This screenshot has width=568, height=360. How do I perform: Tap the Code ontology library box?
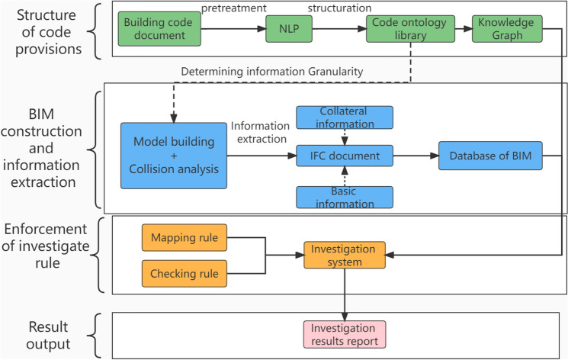coord(397,29)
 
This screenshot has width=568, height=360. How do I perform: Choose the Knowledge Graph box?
coord(506,29)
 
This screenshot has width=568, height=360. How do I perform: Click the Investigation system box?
coord(345,256)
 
